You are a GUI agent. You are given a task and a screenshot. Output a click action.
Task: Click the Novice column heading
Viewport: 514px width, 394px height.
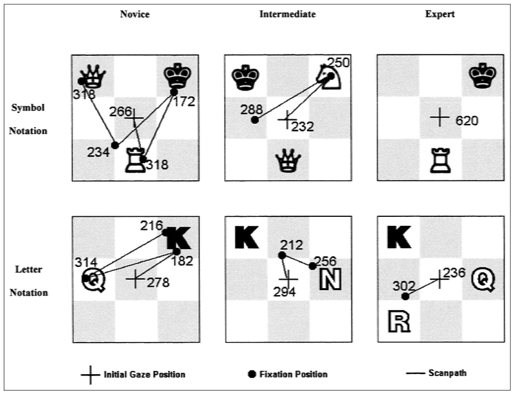tap(135, 14)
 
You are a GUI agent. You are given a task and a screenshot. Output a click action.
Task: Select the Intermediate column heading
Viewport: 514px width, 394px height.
tap(288, 14)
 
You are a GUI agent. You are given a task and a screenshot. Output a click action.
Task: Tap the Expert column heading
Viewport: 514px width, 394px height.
tap(441, 14)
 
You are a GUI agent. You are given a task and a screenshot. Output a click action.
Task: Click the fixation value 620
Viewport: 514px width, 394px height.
tap(466, 120)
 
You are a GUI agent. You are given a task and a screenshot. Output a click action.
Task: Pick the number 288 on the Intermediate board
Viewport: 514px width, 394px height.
tap(252, 109)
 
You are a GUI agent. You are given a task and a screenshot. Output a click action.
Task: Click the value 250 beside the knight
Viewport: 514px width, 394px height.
tap(340, 62)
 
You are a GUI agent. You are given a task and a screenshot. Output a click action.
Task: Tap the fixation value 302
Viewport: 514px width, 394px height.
tap(400, 286)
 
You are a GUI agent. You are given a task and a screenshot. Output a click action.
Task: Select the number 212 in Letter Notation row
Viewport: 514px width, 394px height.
tap(292, 244)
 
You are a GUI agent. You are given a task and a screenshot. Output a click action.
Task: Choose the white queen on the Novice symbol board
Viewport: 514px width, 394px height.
tap(93, 77)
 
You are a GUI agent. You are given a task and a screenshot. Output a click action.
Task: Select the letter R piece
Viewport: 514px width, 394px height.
tap(399, 321)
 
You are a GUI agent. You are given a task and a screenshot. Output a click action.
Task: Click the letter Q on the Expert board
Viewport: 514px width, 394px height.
tap(483, 278)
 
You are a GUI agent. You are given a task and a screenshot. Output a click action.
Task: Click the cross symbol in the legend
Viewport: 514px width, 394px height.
tap(90, 375)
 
